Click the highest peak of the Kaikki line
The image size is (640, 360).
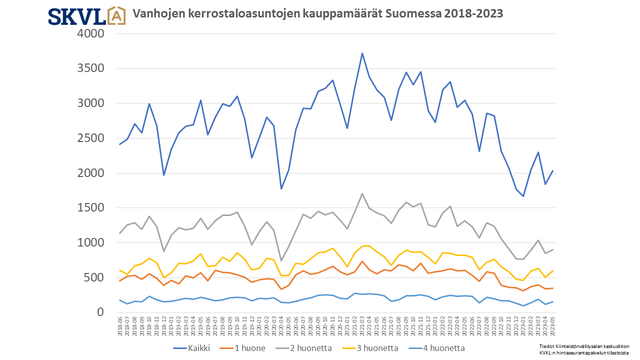point(362,53)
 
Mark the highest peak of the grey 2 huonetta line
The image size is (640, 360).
point(362,193)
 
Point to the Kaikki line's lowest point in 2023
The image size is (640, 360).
point(523,196)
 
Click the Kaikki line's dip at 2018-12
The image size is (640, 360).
point(163,175)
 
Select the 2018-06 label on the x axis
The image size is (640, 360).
point(120,326)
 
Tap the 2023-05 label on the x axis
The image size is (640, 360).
point(552,326)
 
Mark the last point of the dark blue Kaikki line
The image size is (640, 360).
point(552,170)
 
